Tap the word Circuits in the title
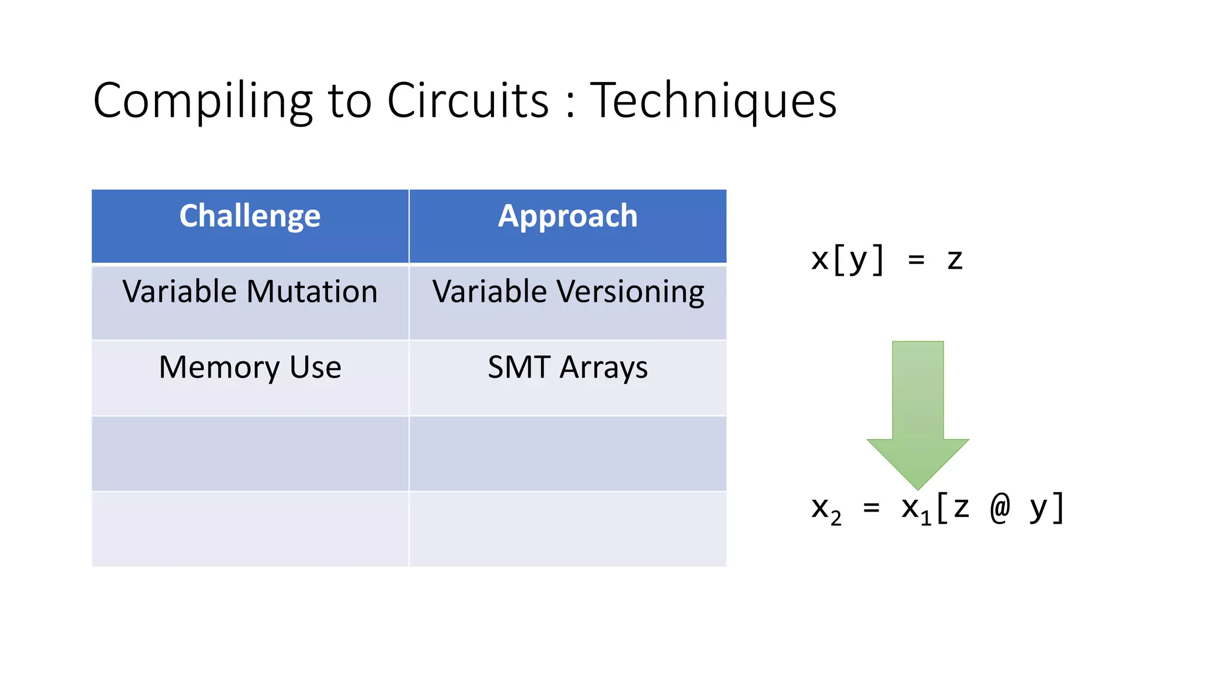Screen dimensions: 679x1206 pyautogui.click(x=468, y=100)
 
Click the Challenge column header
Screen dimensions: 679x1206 pyautogui.click(x=250, y=216)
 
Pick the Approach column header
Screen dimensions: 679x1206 pyautogui.click(x=568, y=216)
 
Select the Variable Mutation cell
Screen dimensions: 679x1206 pyautogui.click(x=250, y=292)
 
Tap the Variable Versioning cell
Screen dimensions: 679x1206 pyautogui.click(x=568, y=292)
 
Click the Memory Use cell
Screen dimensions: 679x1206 pyautogui.click(x=250, y=368)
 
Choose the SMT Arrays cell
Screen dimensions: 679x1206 pyautogui.click(x=568, y=368)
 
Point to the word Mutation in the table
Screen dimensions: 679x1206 pyautogui.click(x=312, y=292)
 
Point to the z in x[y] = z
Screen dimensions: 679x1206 pyautogui.click(x=955, y=260)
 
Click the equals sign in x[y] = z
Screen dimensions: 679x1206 pyautogui.click(x=916, y=260)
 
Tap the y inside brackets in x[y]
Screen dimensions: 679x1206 pyautogui.click(x=857, y=261)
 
